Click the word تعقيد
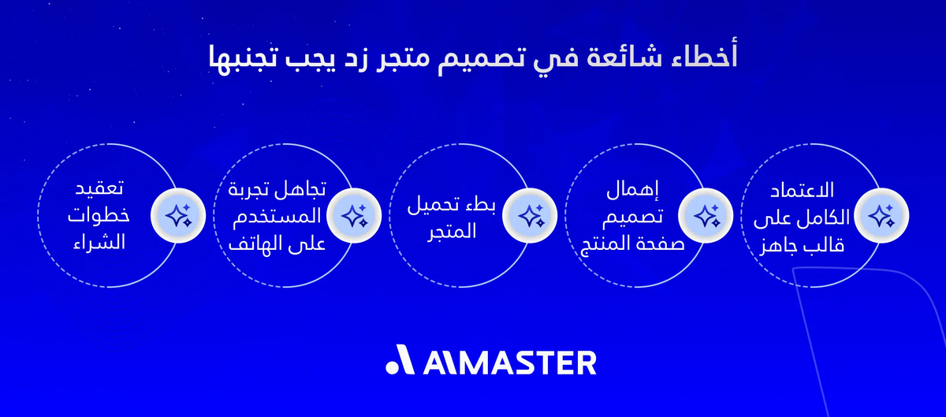pyautogui.click(x=104, y=190)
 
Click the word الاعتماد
pyautogui.click(x=805, y=191)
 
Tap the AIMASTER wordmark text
pyautogui.click(x=508, y=363)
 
